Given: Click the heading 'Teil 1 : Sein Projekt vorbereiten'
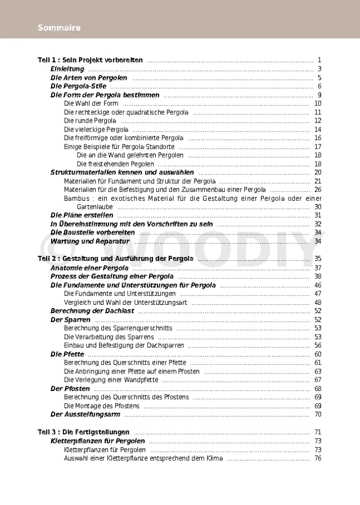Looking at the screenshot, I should point(90,60).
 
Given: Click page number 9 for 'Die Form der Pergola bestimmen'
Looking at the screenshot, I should point(319,95).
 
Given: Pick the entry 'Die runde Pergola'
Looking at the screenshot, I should point(90,121).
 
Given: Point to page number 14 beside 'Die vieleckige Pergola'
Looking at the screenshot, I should point(318,129).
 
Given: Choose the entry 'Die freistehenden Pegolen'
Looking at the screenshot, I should point(115,164).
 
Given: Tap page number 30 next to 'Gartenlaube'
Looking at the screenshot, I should point(318,207).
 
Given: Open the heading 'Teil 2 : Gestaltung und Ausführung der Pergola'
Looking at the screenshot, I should point(115,259).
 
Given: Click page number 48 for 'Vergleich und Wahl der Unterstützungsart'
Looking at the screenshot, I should point(318,302).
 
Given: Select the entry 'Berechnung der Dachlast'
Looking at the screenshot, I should point(92,311).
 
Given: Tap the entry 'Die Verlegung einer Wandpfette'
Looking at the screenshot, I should point(111,380).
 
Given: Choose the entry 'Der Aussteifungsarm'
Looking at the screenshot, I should point(85,414).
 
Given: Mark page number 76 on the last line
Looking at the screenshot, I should point(318,458).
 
